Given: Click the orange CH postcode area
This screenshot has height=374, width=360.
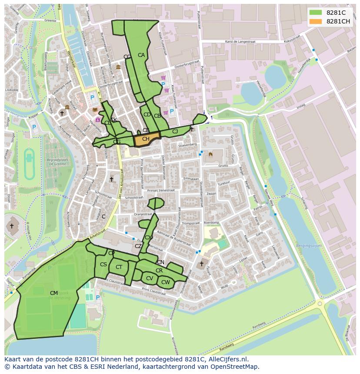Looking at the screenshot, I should point(146,140).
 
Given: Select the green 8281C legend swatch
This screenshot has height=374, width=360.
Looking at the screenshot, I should point(316,13).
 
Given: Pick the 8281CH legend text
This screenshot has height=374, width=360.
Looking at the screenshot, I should point(338,21).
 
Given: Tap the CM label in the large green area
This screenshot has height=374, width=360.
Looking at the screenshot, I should point(54,293).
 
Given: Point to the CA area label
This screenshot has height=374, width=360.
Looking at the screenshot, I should point(141,55).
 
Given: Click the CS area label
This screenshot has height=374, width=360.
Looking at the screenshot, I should point(103,265).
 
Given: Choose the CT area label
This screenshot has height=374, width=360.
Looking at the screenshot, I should point(119,267).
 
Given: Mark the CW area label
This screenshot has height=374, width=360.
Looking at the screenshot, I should point(165,282).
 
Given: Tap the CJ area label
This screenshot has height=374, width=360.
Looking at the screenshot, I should point(175,132).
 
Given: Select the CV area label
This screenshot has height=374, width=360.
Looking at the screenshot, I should point(149,278).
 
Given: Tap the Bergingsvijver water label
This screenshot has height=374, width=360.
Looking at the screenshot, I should point(308,245).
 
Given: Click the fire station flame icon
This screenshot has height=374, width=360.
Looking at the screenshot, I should point(210,154).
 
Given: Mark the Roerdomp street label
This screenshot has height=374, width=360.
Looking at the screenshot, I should point(211,222).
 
